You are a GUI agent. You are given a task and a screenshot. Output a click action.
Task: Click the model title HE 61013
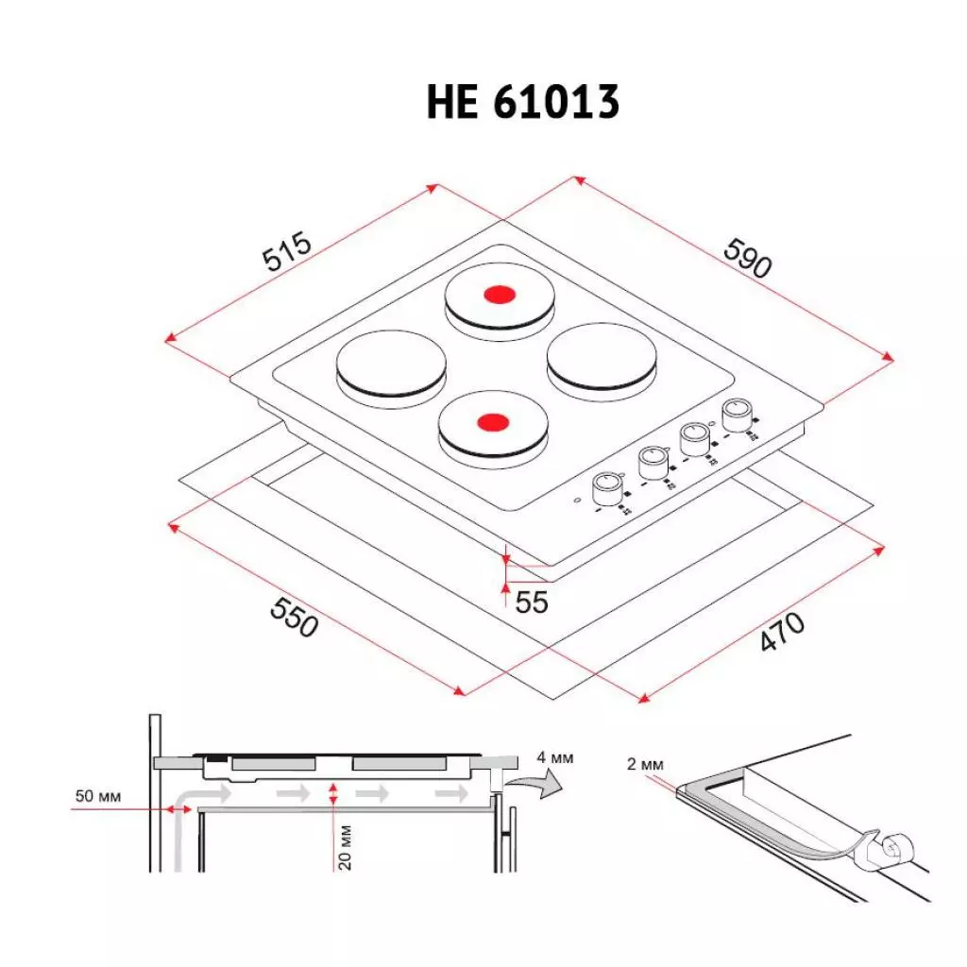522,103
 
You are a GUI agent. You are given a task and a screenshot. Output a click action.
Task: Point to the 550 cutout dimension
294,615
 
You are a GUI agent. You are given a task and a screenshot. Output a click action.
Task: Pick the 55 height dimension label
532,601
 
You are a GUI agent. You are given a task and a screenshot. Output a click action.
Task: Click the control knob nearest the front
607,488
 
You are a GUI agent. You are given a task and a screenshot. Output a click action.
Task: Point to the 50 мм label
98,795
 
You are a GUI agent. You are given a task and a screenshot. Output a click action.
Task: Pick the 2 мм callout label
646,764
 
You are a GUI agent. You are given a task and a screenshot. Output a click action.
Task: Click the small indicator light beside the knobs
576,501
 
